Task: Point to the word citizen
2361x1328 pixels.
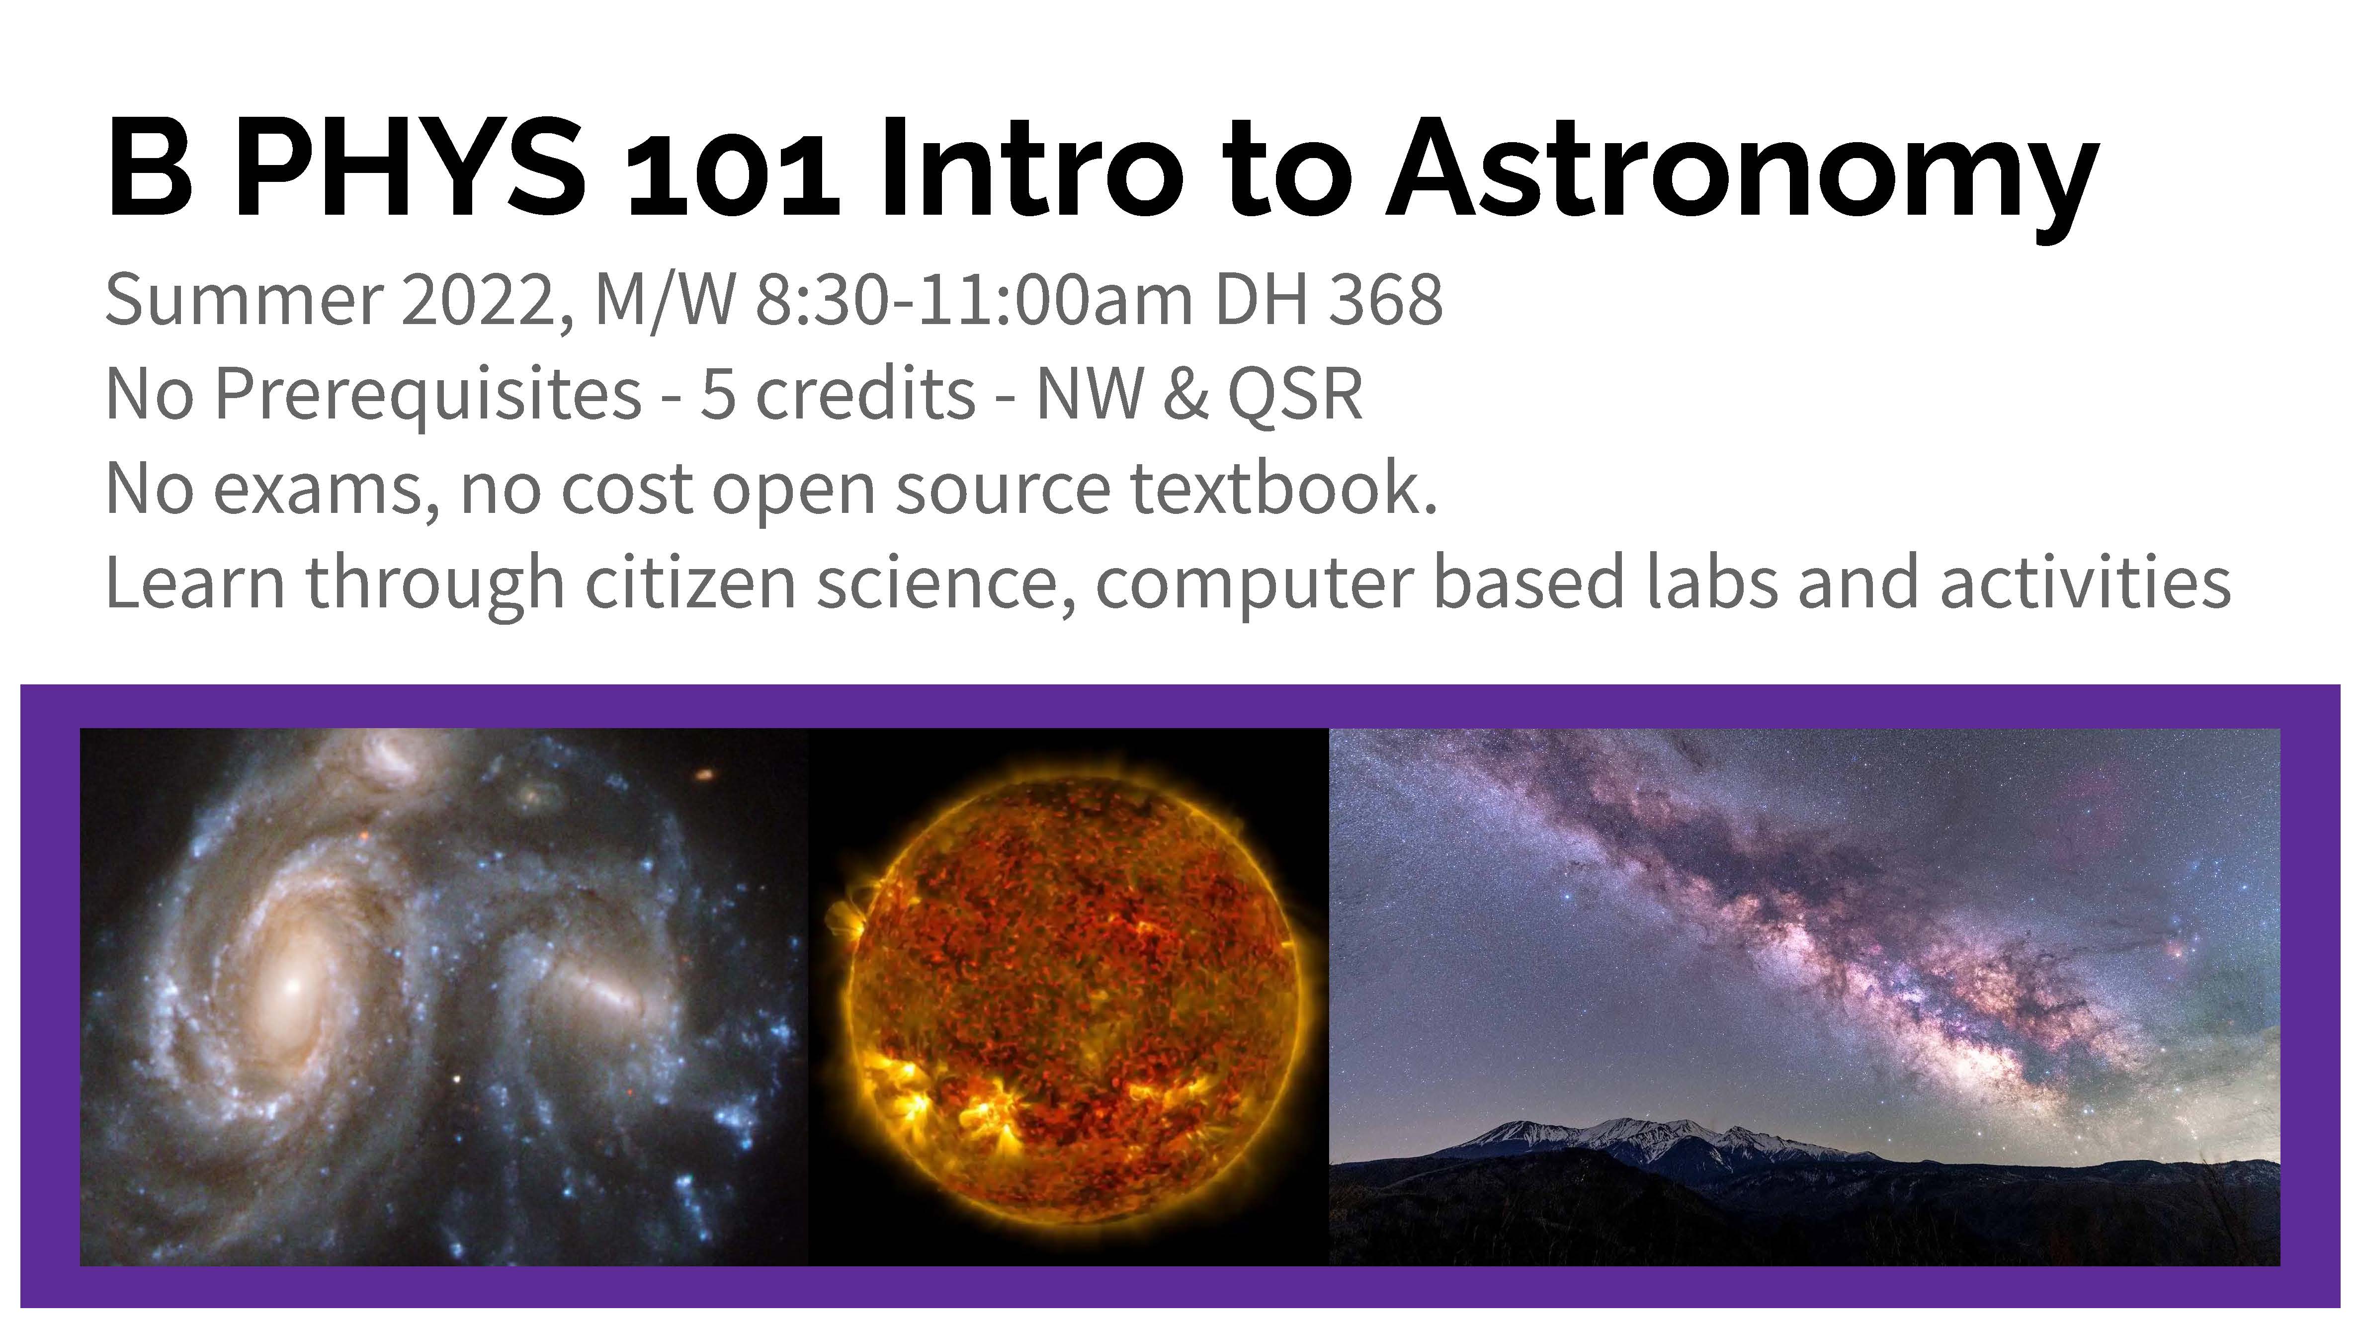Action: click(690, 584)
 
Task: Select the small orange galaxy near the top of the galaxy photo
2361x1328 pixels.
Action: click(704, 775)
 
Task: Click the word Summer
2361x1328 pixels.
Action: click(244, 300)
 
